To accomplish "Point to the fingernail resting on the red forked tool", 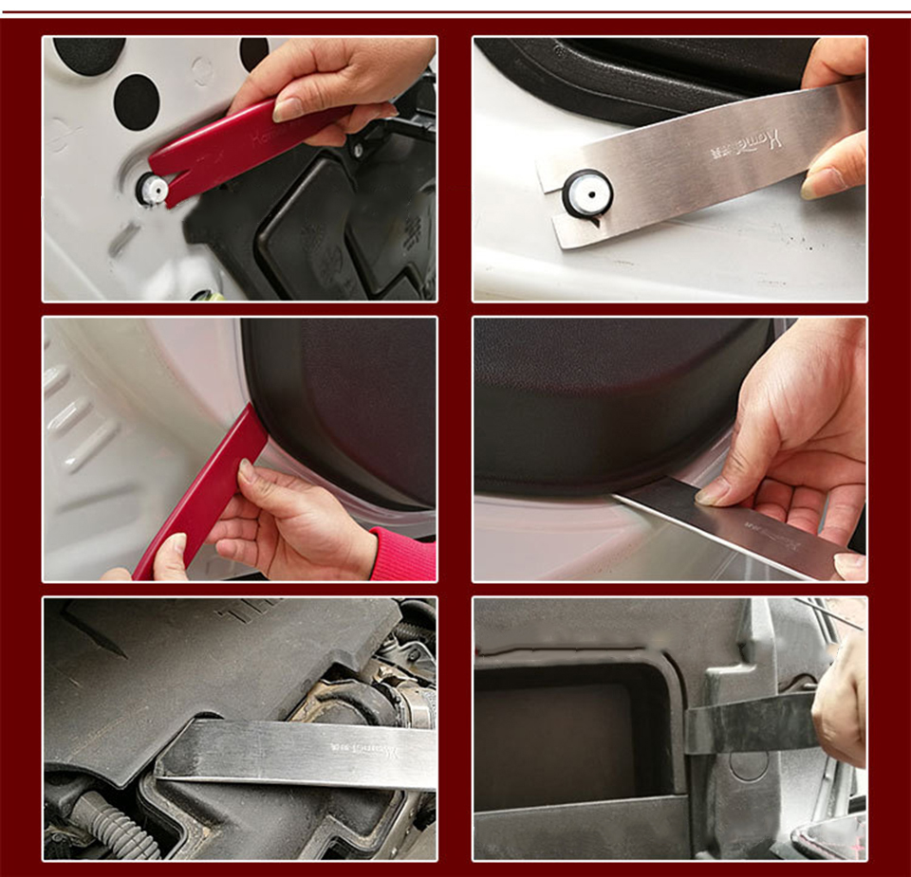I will click(x=288, y=110).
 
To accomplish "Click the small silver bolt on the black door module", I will click(x=359, y=149).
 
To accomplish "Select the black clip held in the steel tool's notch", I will click(x=586, y=194).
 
